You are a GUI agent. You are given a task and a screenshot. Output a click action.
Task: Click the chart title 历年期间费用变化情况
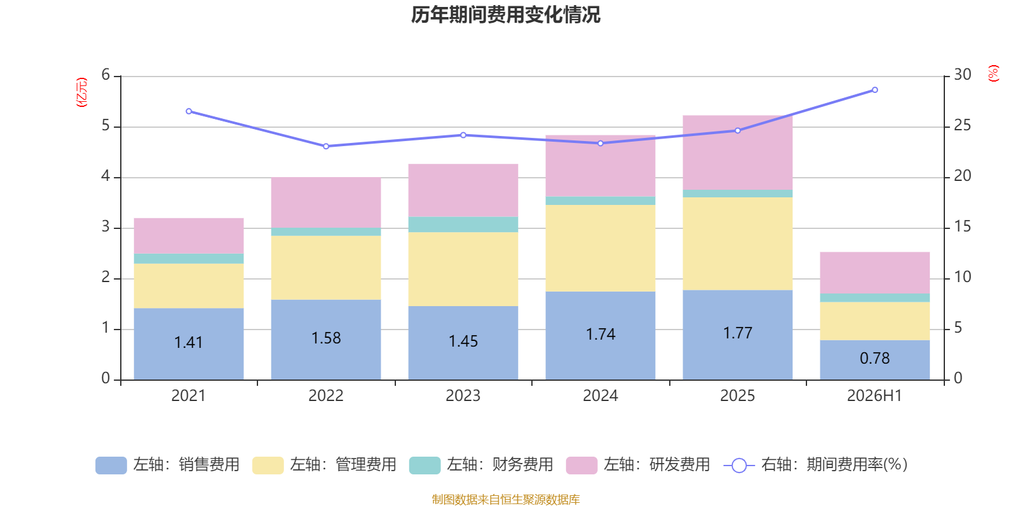[505, 15]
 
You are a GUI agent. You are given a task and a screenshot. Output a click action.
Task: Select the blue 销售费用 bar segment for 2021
[189, 344]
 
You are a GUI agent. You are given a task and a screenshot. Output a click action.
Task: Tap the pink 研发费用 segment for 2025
[737, 152]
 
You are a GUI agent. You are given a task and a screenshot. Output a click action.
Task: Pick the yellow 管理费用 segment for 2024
[600, 248]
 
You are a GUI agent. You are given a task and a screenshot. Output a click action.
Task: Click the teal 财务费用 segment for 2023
[463, 225]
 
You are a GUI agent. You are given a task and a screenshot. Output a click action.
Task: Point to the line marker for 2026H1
[875, 90]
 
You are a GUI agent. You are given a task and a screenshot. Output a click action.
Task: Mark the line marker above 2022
[326, 146]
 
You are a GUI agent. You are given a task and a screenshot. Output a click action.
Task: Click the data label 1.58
[326, 338]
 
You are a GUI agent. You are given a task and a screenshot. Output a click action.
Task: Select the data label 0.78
[875, 358]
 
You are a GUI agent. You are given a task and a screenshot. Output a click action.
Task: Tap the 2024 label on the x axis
[600, 396]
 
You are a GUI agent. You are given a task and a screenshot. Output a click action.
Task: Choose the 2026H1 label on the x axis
[875, 396]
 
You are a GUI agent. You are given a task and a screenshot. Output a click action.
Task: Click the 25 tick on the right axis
[962, 125]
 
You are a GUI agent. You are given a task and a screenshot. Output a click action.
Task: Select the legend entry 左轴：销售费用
[168, 465]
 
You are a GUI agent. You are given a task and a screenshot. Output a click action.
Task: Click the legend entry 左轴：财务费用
[481, 465]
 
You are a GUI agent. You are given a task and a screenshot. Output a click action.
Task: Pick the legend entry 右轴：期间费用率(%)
[816, 465]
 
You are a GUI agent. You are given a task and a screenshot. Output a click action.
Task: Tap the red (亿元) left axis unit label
[82, 92]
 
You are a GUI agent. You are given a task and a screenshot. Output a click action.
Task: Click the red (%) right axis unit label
[993, 73]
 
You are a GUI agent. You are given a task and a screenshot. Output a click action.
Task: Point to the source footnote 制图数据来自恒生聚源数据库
[505, 499]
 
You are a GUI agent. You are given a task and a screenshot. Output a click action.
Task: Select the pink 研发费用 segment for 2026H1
[875, 273]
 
